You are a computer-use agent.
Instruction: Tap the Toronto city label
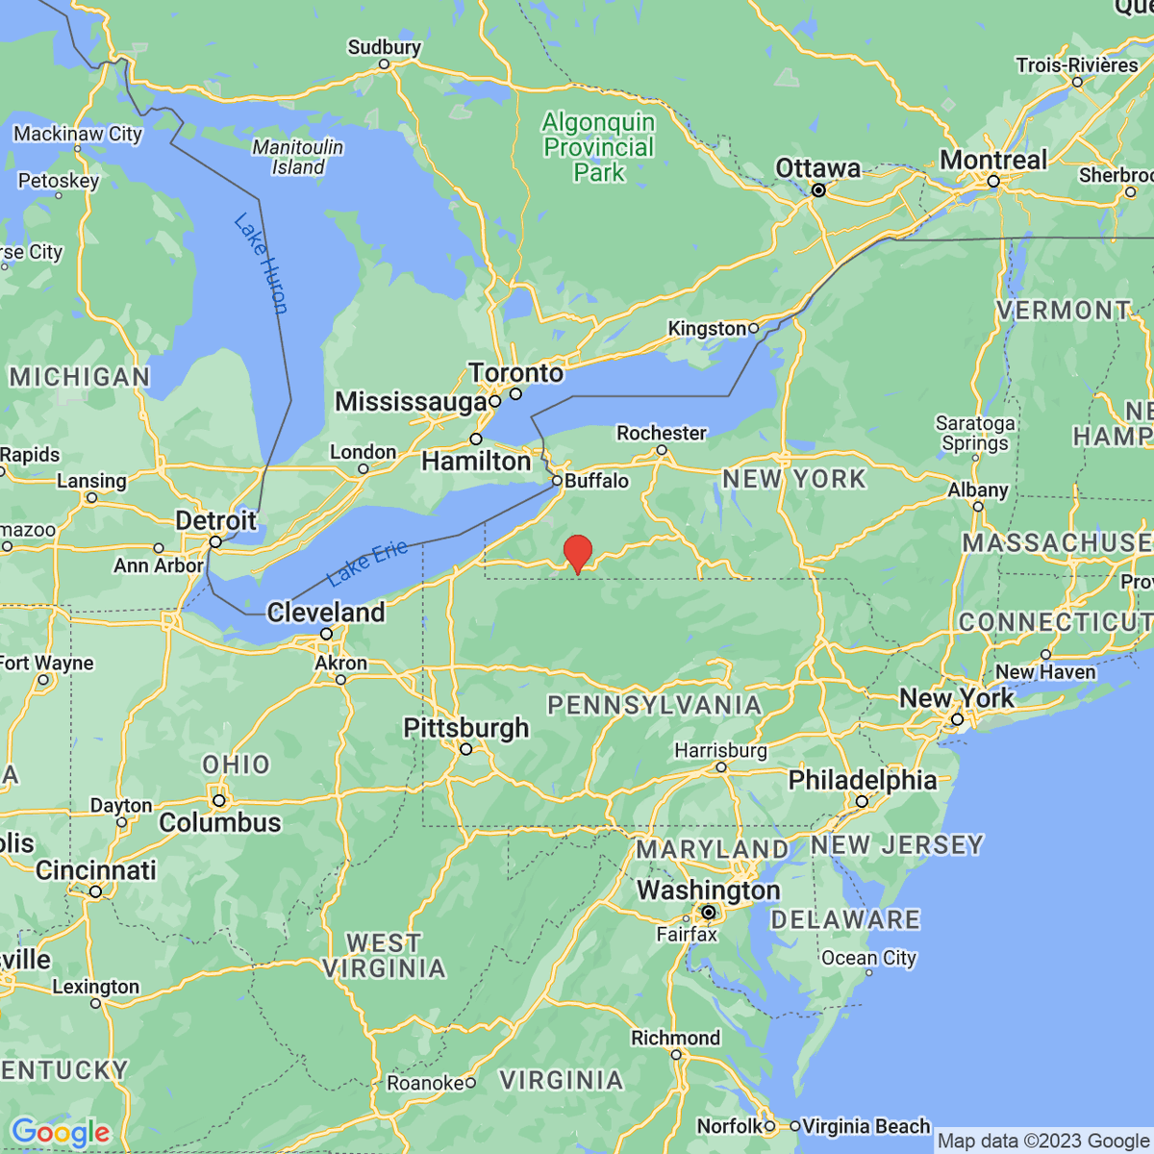516,372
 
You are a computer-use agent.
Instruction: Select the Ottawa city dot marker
818,190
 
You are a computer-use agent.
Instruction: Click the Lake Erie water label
367,564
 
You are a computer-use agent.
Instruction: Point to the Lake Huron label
261,263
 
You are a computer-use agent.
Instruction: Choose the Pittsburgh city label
466,728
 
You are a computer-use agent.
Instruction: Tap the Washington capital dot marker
709,912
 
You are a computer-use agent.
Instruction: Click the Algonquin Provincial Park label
598,147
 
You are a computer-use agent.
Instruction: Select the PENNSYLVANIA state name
654,706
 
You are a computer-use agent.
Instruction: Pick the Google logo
61,1133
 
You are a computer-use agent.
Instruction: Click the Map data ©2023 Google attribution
1042,1141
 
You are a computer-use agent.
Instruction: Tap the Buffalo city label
596,480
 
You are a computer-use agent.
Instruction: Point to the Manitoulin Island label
298,157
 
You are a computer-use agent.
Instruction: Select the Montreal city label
993,161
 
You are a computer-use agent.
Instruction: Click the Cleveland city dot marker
327,634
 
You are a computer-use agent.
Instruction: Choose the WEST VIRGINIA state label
384,955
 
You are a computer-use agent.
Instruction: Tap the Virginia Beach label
866,1125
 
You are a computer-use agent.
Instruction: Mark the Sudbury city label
385,47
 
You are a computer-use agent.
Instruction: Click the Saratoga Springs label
975,433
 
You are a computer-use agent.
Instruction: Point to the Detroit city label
215,520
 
